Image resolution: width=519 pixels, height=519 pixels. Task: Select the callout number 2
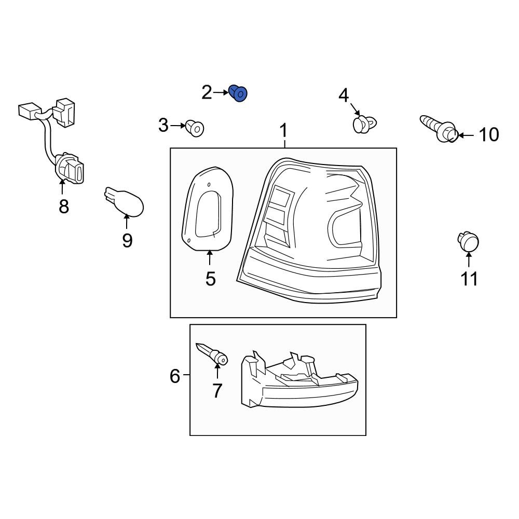click(x=207, y=93)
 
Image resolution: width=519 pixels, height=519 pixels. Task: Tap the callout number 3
click(x=163, y=125)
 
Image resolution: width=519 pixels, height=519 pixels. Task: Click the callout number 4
click(x=344, y=95)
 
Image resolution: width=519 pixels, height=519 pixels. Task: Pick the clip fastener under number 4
click(x=363, y=125)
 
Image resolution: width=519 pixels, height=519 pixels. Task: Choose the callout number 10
click(x=488, y=135)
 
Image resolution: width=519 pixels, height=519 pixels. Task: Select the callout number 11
click(x=469, y=279)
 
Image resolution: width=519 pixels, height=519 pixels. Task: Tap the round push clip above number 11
click(x=468, y=242)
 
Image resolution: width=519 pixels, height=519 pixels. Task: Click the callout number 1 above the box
click(x=283, y=131)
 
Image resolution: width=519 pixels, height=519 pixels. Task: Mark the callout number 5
click(x=210, y=279)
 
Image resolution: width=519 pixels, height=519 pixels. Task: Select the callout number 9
click(x=127, y=240)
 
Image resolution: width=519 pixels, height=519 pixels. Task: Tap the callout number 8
click(x=64, y=207)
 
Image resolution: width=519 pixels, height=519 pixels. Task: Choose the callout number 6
click(x=175, y=375)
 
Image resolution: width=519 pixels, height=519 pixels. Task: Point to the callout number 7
click(x=217, y=390)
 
